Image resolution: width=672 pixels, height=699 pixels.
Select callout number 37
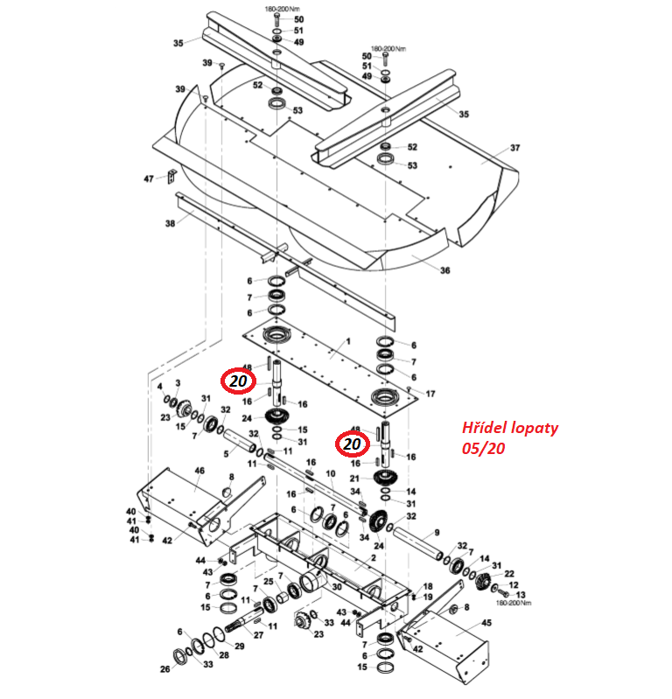[514, 147]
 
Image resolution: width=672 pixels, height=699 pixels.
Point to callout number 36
[444, 270]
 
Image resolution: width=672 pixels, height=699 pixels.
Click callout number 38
[170, 223]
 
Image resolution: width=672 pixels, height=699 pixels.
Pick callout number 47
[149, 178]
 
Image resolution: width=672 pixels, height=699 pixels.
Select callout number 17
[430, 395]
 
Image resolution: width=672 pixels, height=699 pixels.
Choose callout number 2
[373, 557]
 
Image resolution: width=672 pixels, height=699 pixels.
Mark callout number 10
[331, 473]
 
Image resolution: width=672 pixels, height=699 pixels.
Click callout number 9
[437, 533]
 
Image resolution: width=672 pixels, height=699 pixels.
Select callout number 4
[159, 386]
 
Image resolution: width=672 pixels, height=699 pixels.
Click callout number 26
[164, 670]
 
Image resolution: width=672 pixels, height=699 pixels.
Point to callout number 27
[258, 635]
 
